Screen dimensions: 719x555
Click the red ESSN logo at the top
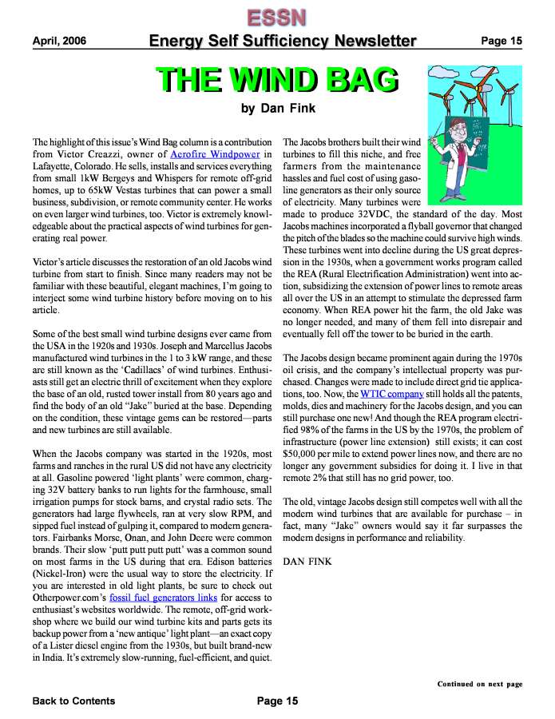pyautogui.click(x=277, y=17)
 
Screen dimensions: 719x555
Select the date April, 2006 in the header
pyautogui.click(x=60, y=41)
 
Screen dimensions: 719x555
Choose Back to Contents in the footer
pyautogui.click(x=73, y=701)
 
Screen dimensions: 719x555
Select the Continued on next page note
pyautogui.click(x=479, y=684)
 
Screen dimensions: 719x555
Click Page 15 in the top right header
pyautogui.click(x=501, y=41)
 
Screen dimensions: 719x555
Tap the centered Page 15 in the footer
pyautogui.click(x=277, y=701)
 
